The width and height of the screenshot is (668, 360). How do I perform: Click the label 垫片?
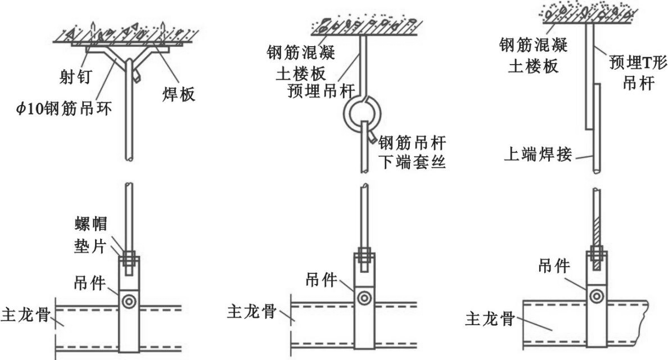click(91, 246)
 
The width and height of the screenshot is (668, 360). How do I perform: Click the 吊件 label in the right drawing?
click(554, 265)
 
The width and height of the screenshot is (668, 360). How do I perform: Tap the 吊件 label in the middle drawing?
click(323, 279)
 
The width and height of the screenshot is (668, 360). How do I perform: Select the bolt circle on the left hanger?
click(129, 301)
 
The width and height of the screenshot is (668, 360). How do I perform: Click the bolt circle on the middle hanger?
click(364, 297)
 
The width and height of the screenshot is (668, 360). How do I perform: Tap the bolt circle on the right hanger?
click(595, 294)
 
